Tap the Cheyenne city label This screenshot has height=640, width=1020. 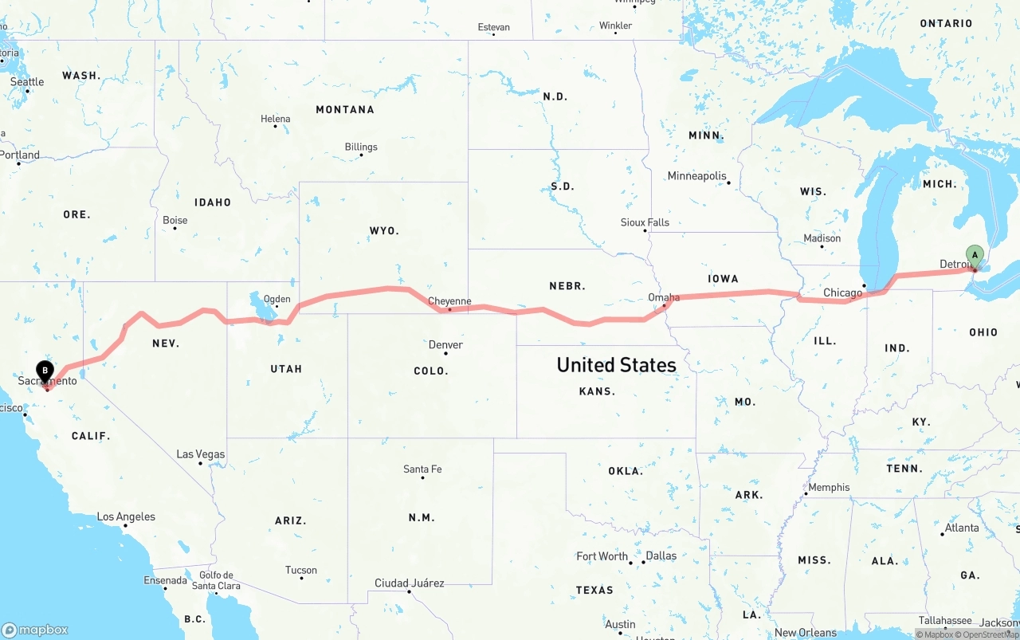coord(449,301)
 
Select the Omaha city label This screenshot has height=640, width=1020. coord(664,297)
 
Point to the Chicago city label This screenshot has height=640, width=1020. coord(842,293)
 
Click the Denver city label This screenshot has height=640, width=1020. coord(445,344)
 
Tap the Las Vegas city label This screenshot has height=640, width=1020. coord(200,454)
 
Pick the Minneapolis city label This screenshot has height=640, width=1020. coord(697,175)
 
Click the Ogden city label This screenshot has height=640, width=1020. coord(277,300)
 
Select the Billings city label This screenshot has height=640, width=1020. coord(361,147)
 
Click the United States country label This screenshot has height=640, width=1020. coord(616,365)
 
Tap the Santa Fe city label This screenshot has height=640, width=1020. coord(422,469)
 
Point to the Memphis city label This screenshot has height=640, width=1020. coord(829,487)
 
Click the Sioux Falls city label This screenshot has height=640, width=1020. coord(645,222)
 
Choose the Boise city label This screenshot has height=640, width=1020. coord(175,220)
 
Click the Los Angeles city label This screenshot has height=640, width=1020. coord(126,516)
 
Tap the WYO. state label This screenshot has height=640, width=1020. coord(384,230)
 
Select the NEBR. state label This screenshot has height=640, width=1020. coord(567,285)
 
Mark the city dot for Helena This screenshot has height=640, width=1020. coord(276,127)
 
